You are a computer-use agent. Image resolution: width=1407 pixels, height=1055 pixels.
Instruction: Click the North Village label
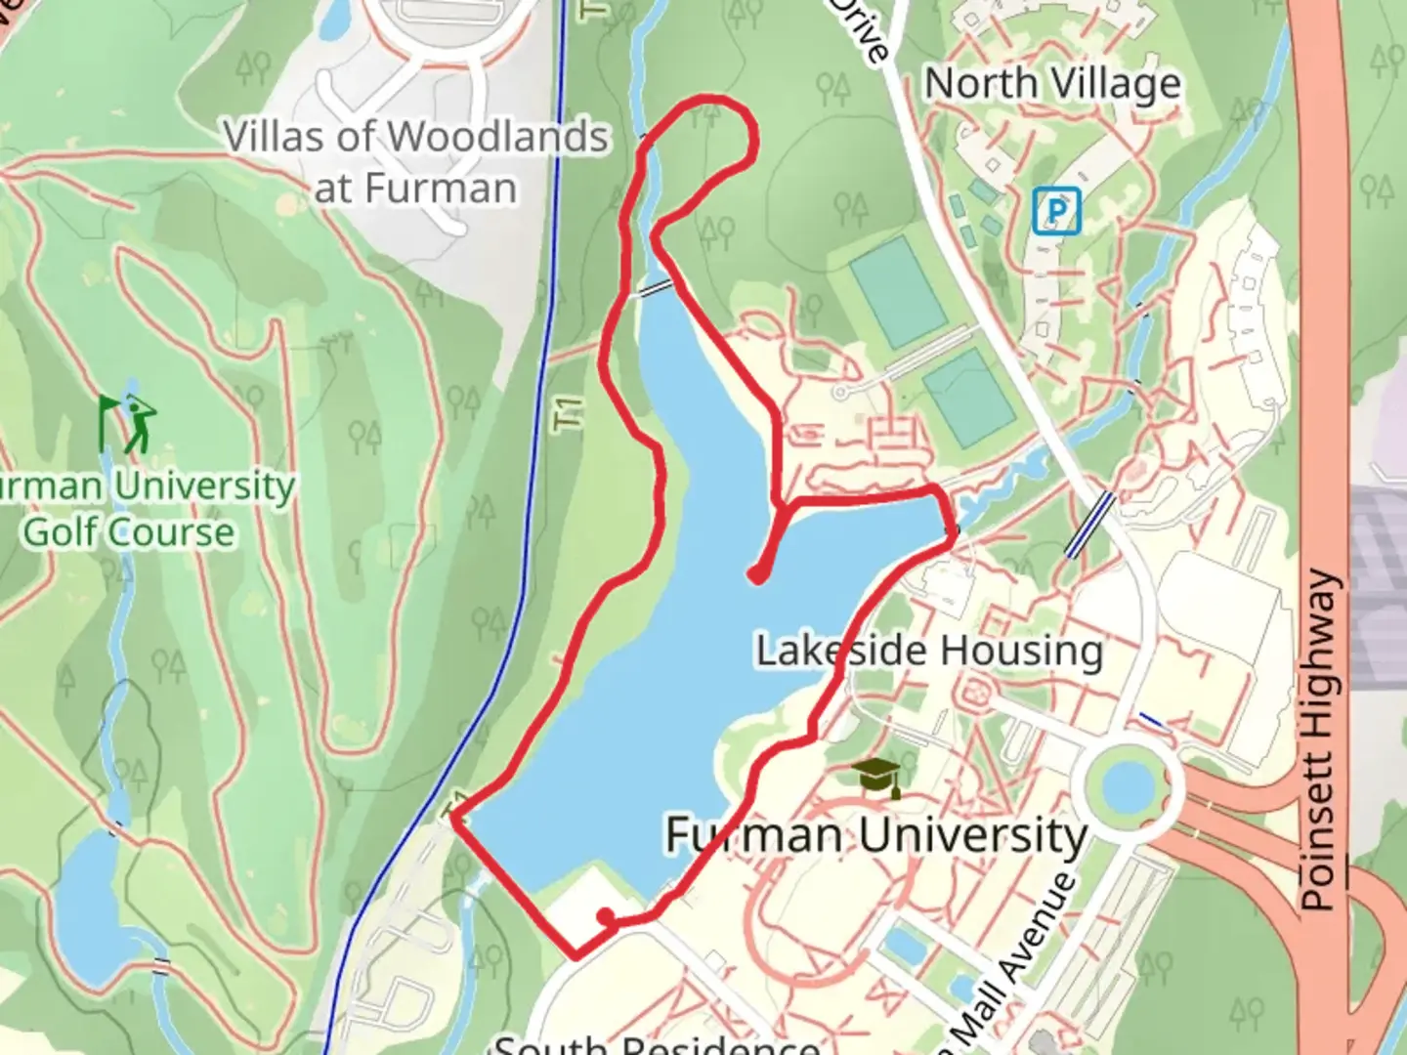point(1052,84)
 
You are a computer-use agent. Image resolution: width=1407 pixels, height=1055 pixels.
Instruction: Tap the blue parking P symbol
point(1056,211)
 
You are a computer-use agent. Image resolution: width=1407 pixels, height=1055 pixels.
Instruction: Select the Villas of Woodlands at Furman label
point(416,162)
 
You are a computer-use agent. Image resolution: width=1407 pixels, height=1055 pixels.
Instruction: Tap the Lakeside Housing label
point(929,651)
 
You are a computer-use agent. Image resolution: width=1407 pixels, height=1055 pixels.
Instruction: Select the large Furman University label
point(875,835)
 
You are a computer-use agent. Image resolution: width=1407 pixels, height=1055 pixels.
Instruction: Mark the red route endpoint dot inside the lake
point(757,574)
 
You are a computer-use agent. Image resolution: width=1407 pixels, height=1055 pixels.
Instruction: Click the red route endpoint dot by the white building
point(607,916)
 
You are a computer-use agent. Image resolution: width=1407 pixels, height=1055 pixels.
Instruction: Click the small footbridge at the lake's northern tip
point(656,288)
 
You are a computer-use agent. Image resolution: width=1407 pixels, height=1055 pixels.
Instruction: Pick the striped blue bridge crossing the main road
point(1088,525)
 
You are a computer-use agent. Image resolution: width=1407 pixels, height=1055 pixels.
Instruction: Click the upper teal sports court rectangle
point(898,292)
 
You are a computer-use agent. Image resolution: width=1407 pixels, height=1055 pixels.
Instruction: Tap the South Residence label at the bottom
point(656,1043)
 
